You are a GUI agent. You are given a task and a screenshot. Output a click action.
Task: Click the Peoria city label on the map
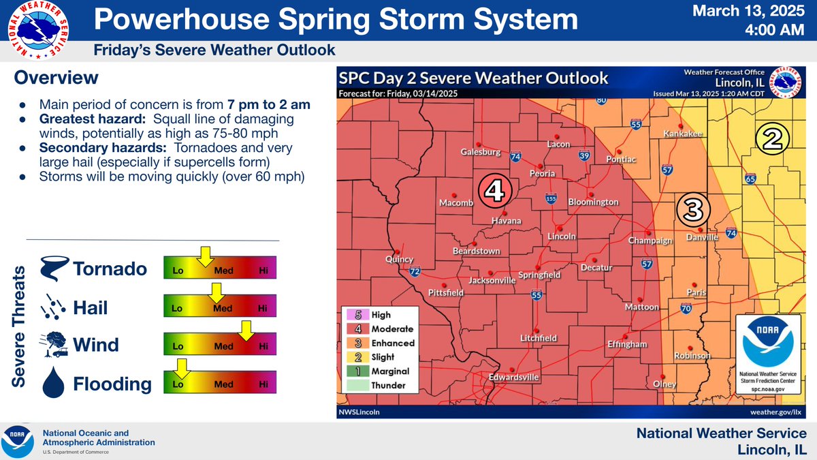pos(539,174)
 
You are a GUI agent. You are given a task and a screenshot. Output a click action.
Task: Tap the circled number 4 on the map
pos(494,192)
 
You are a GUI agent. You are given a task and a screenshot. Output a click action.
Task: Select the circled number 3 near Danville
pos(692,210)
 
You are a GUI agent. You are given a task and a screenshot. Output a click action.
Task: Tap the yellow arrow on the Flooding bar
pos(181,369)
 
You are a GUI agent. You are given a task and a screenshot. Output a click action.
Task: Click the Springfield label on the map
pos(539,274)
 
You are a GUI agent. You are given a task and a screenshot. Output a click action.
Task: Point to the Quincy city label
pos(399,259)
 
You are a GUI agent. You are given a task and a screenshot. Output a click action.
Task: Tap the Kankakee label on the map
pos(683,134)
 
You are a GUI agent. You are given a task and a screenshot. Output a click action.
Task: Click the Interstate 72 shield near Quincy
pos(414,272)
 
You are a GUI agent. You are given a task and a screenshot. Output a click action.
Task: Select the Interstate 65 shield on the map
pos(750,179)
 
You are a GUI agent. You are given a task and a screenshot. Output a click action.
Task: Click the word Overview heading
pos(57,78)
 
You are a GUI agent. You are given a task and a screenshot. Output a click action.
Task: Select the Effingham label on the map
pos(626,344)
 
